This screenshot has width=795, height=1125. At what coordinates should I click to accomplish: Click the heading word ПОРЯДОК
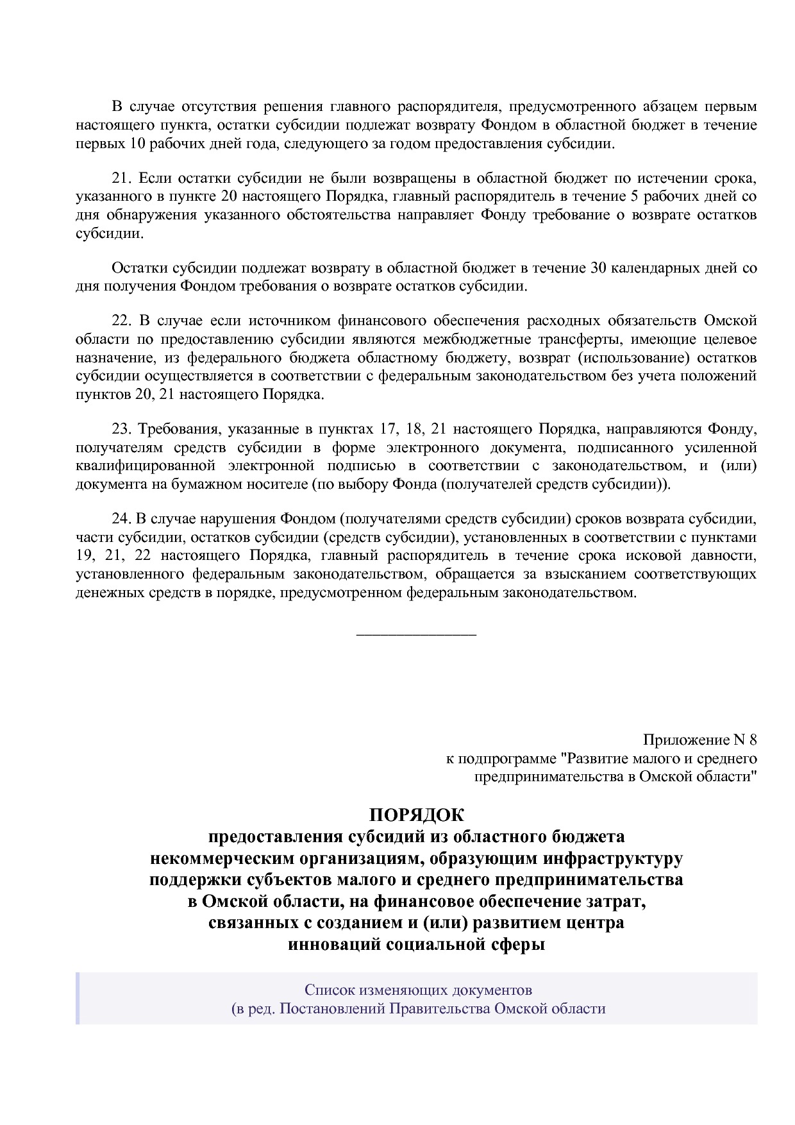[415, 815]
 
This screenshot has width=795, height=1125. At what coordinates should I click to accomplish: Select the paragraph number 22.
[121, 321]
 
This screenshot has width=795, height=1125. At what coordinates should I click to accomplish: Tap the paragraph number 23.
[121, 428]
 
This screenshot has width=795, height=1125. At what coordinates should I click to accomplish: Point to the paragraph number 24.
[121, 518]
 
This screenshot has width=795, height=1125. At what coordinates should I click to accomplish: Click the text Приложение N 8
[700, 740]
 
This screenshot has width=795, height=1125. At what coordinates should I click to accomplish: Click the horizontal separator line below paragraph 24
[415, 635]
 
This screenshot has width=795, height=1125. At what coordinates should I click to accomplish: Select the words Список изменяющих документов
[418, 989]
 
